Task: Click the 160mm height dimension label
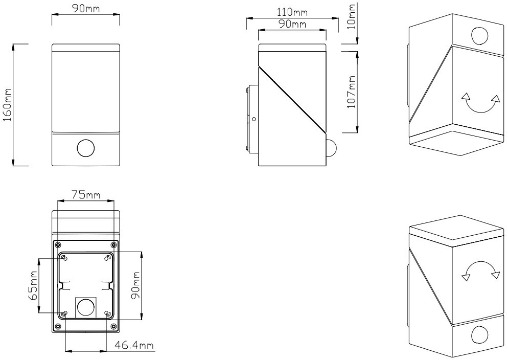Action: tap(7, 105)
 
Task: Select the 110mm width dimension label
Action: tap(292, 12)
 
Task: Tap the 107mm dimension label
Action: tap(351, 92)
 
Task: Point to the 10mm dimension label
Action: tap(351, 16)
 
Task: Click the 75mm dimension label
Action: tap(86, 195)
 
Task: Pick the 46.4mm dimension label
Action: tap(134, 345)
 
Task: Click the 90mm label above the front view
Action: tap(86, 9)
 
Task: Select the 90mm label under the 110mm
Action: tap(292, 24)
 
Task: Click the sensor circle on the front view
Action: tap(86, 149)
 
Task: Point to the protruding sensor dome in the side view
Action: tap(331, 148)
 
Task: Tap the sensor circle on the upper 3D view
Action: tap(480, 36)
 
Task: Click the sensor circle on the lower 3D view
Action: tap(480, 335)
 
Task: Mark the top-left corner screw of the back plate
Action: tap(58, 244)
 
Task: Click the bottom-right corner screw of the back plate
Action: tap(113, 326)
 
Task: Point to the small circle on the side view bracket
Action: tap(254, 119)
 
